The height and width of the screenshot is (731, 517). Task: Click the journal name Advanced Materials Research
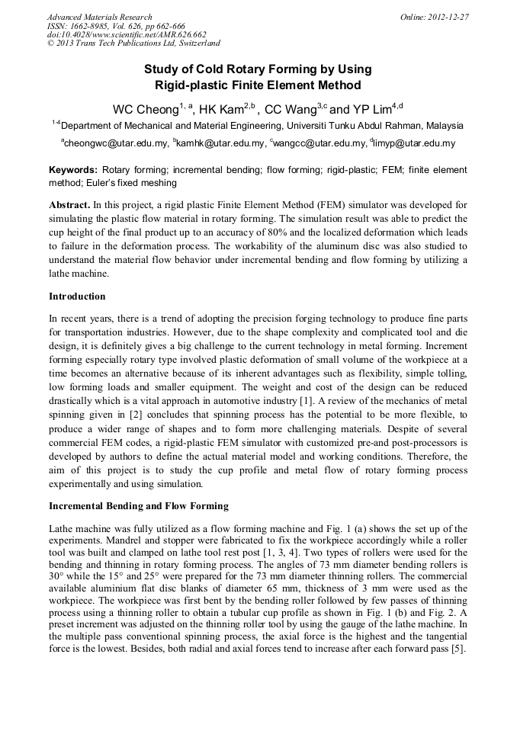click(x=100, y=17)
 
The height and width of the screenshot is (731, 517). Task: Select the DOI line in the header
click(x=127, y=34)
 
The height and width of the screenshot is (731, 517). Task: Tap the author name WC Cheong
click(x=145, y=109)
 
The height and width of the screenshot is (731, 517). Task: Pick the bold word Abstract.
click(x=69, y=206)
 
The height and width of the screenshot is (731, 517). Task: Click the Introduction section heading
click(x=77, y=297)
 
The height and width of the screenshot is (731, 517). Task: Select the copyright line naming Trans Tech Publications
click(x=133, y=43)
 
